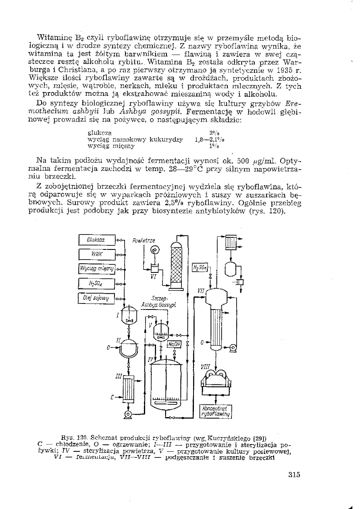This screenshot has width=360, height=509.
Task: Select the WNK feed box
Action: [x=97, y=254]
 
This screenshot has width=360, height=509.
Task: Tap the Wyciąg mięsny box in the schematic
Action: [x=97, y=268]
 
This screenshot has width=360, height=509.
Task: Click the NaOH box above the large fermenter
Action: [x=175, y=344]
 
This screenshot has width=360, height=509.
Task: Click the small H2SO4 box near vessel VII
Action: [x=199, y=268]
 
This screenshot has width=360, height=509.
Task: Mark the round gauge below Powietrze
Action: [x=154, y=250]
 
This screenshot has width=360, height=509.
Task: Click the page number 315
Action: [x=294, y=474]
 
